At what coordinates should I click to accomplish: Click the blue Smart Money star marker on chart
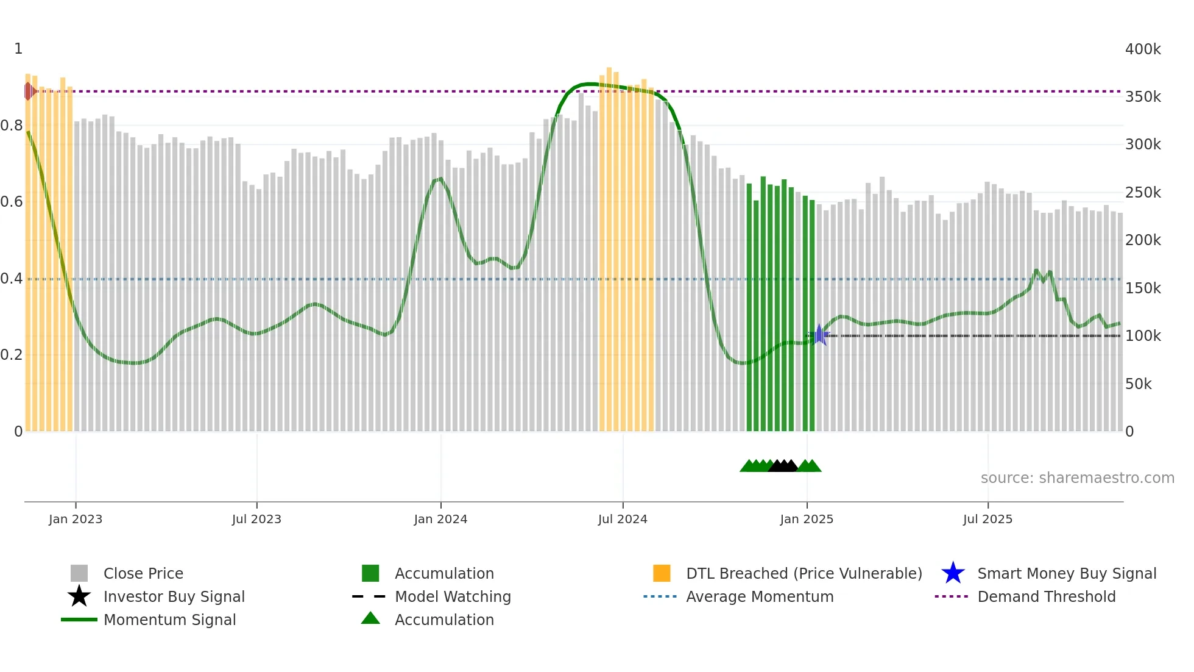click(x=819, y=335)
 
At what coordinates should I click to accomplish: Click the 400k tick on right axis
click(x=1143, y=49)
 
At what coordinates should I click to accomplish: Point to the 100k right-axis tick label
click(x=1143, y=336)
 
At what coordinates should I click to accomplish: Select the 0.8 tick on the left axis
click(x=12, y=126)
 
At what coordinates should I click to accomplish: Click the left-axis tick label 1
click(x=18, y=49)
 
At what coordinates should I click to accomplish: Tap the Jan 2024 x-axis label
click(x=440, y=519)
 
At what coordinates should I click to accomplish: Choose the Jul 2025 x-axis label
click(x=987, y=519)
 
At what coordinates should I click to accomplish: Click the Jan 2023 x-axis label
click(x=76, y=519)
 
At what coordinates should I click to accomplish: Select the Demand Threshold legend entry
click(x=1046, y=596)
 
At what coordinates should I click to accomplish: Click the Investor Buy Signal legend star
click(x=79, y=596)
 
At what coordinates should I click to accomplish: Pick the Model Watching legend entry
click(x=453, y=596)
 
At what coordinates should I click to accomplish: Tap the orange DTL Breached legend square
click(x=662, y=573)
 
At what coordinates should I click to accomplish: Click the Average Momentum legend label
click(x=760, y=596)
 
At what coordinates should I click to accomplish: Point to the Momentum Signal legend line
click(x=79, y=620)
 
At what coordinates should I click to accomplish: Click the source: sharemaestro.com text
click(x=1077, y=478)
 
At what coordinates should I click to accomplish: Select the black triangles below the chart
click(x=783, y=466)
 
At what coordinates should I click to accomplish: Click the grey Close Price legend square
click(x=79, y=573)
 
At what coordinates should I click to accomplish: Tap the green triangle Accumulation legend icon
click(x=370, y=618)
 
